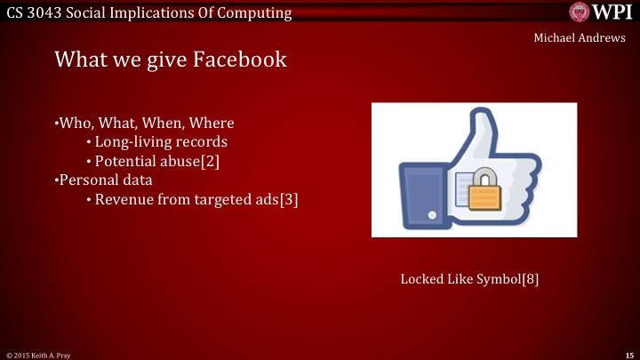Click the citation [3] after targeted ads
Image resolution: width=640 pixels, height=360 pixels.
click(289, 200)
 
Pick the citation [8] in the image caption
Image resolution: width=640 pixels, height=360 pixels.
click(530, 279)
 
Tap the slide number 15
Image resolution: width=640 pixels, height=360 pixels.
click(628, 355)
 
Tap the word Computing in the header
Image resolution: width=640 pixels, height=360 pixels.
click(252, 12)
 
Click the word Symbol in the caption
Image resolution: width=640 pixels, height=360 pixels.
click(491, 279)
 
